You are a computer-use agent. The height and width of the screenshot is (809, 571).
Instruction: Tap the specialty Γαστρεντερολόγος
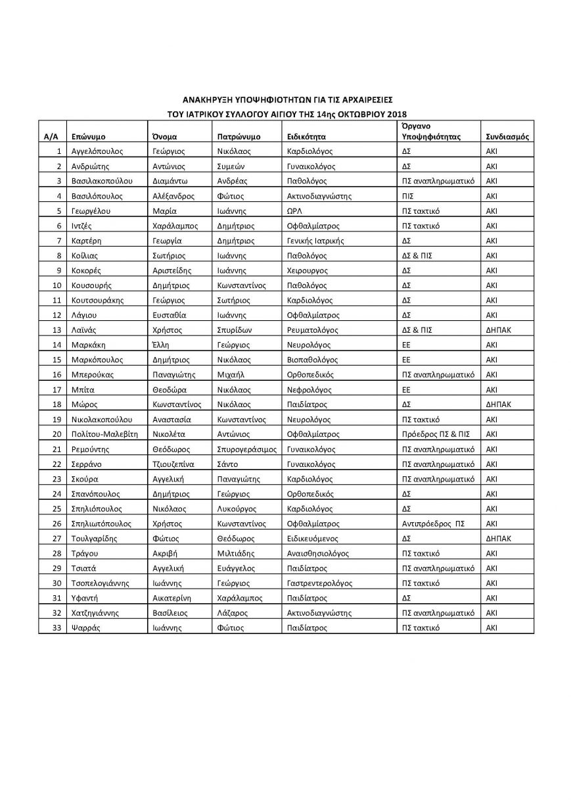point(319,583)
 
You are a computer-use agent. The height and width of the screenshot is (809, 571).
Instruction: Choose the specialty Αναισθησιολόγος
point(318,553)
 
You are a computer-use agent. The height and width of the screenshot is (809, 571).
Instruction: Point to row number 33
point(56,628)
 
